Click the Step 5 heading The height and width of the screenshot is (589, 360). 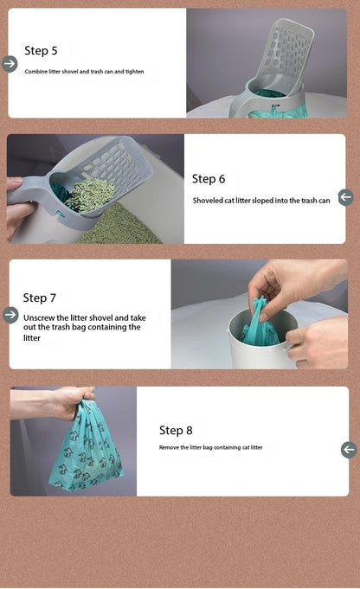pos(42,51)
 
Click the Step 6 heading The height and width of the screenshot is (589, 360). pos(209,179)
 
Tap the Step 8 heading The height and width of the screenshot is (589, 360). pos(176,430)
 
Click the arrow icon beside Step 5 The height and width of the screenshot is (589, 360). pos(10,63)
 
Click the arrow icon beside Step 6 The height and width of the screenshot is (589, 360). pos(346,197)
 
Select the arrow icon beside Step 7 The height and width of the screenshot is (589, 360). pos(10,315)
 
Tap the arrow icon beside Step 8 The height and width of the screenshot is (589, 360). pos(349,449)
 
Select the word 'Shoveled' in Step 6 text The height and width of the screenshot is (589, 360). pos(209,201)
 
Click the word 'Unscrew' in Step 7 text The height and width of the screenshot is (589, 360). pos(41,317)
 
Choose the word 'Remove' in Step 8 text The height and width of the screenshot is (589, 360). pos(170,447)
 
